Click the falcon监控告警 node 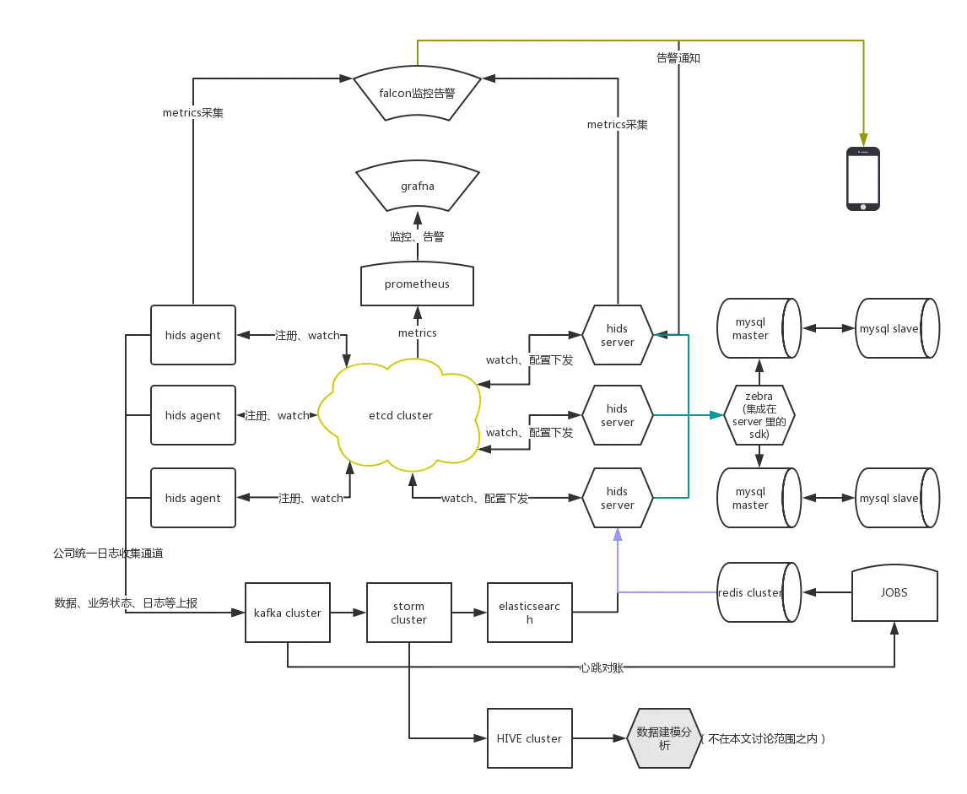coord(417,93)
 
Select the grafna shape coord(417,185)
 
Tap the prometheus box coord(417,284)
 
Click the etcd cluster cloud coord(401,415)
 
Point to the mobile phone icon coord(863,177)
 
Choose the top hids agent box coord(192,335)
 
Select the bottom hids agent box coord(192,498)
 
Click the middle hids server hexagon coord(617,415)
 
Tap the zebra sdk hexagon coord(759,415)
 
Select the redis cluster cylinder coord(753,592)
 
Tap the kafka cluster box coord(287,613)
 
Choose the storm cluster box coord(408,613)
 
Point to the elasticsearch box coord(530,613)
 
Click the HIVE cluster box coord(530,738)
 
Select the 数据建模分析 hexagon coord(665,738)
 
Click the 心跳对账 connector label coord(600,667)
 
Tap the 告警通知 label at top coord(678,58)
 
